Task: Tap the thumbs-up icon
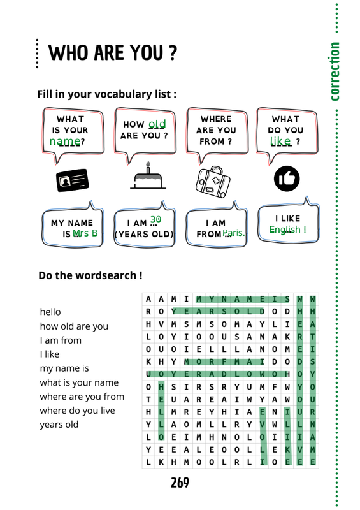click(x=287, y=178)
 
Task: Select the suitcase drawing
click(x=213, y=182)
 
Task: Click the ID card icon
click(x=73, y=180)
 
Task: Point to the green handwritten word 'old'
click(x=157, y=124)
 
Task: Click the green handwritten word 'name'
click(x=65, y=141)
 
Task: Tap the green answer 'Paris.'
click(x=234, y=233)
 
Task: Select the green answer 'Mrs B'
click(x=85, y=233)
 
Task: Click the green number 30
click(x=155, y=219)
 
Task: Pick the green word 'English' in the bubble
click(x=285, y=229)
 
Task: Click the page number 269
click(x=180, y=483)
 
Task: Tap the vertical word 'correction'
click(x=335, y=71)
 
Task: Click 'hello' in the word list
click(x=50, y=312)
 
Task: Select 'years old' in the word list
click(x=59, y=425)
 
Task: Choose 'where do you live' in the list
click(x=77, y=411)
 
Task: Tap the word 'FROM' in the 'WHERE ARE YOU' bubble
click(x=212, y=142)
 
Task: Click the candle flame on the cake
click(x=148, y=163)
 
